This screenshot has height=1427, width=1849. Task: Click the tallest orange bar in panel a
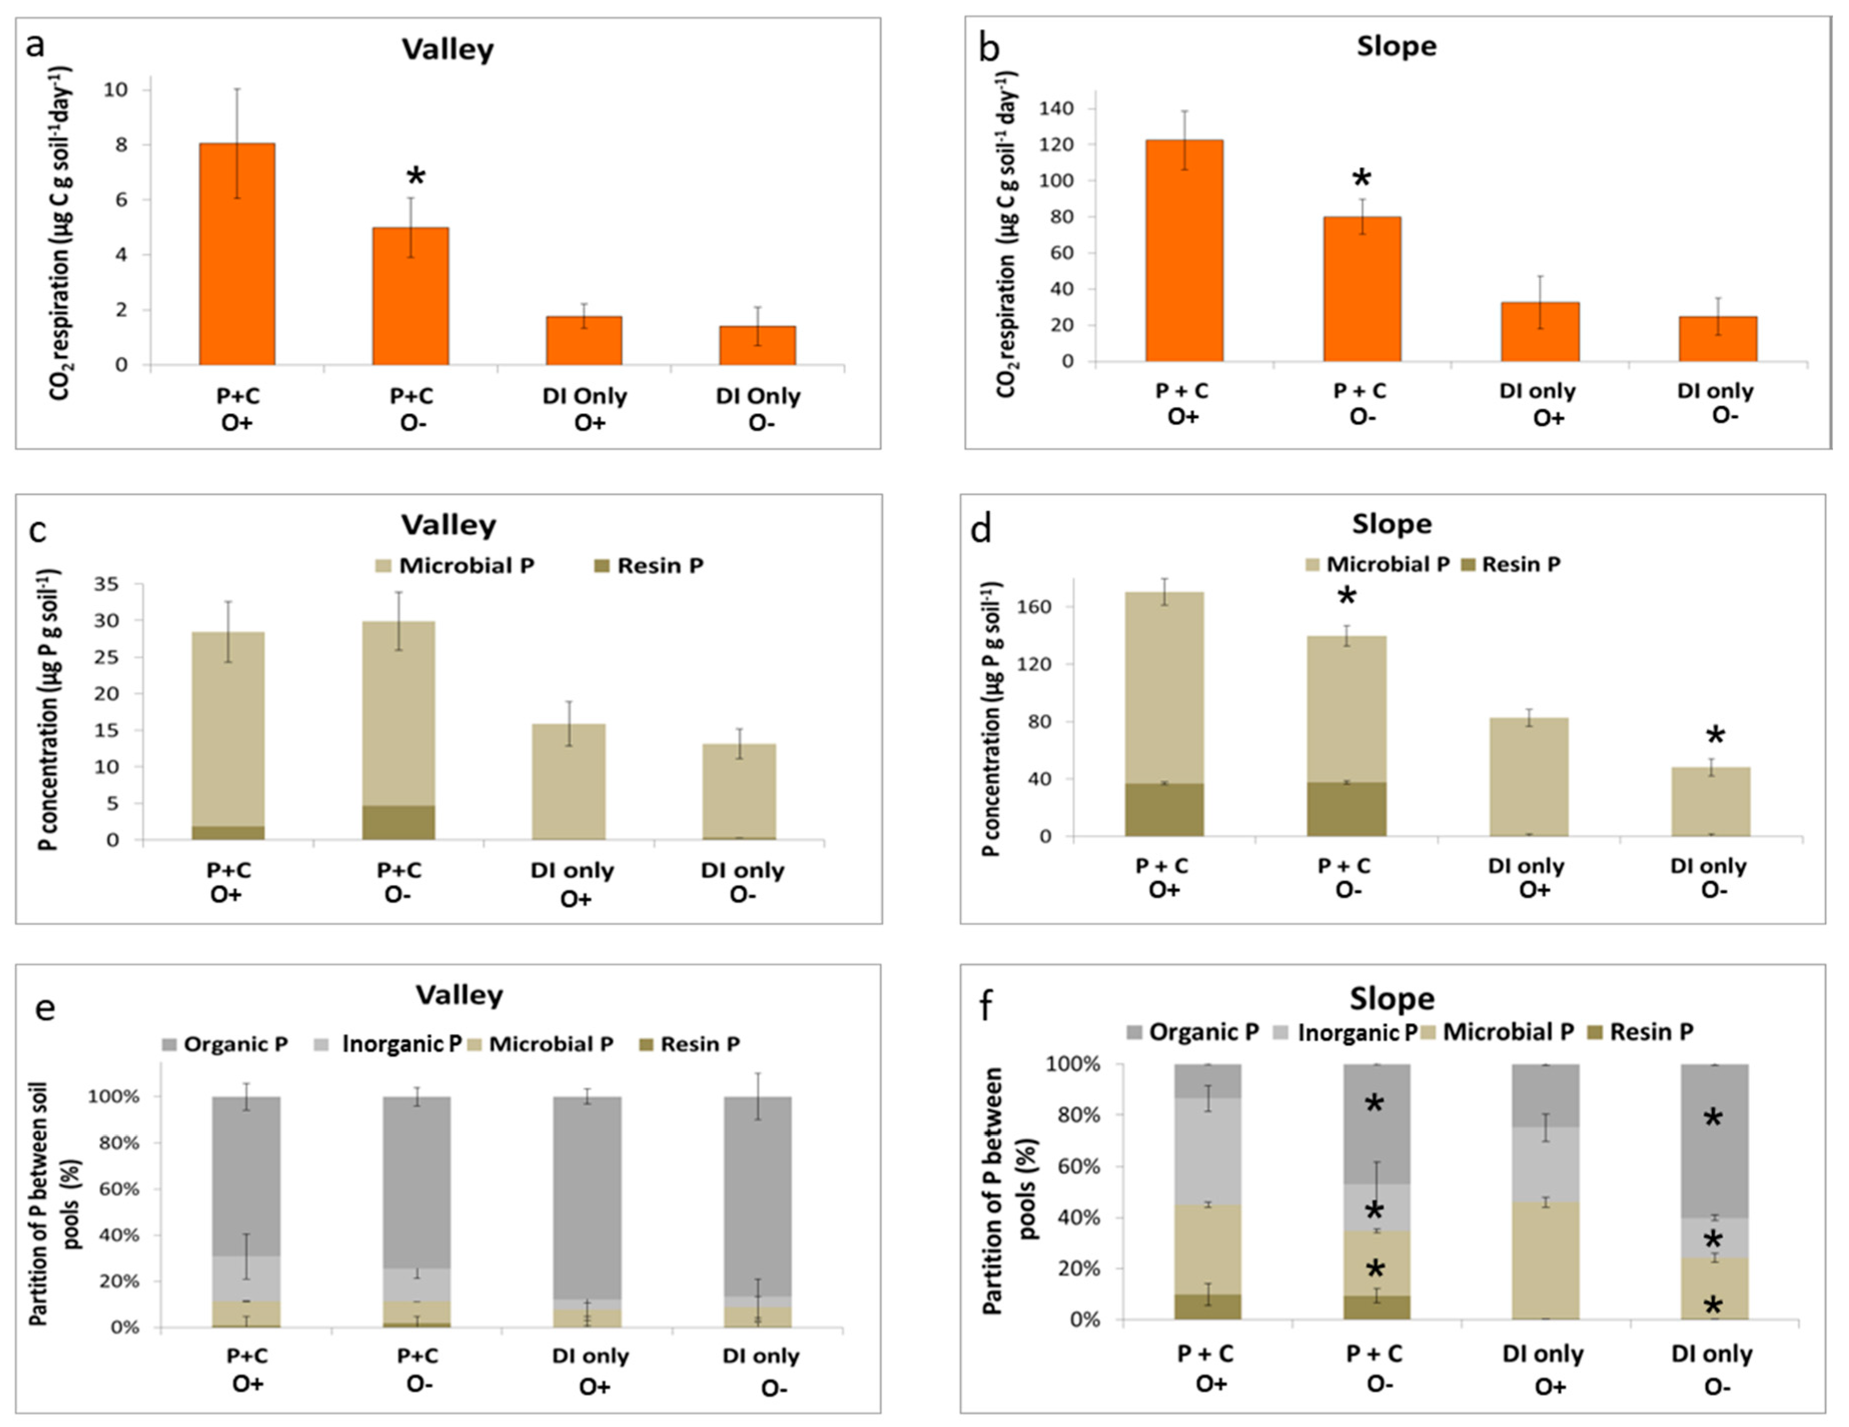237,254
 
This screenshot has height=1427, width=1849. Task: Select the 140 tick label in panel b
1056,109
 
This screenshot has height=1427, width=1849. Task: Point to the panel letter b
988,48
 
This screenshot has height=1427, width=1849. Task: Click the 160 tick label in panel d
1034,607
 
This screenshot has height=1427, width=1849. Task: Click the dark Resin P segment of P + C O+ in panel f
1207,1306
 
